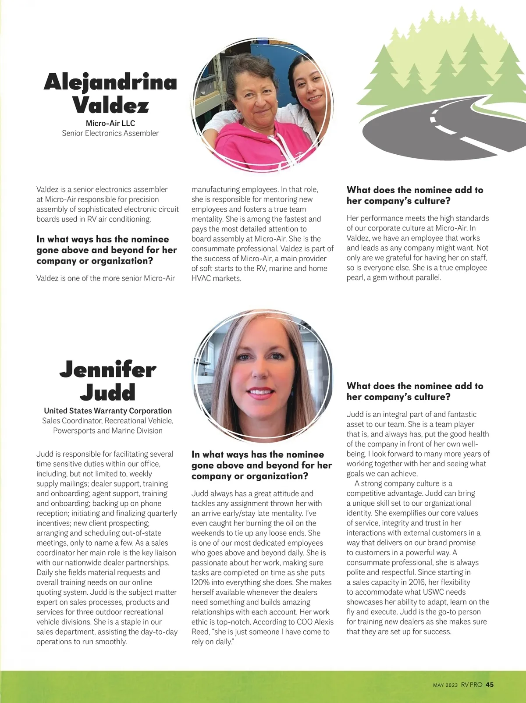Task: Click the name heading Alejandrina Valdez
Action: pos(110,93)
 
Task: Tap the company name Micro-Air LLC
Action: pos(110,123)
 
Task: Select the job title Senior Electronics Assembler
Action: pos(110,133)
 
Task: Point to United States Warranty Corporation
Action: pos(108,411)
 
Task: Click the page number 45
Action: pos(490,685)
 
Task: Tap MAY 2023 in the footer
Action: pos(445,685)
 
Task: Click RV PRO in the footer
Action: pos(471,685)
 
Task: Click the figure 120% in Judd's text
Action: pos(200,582)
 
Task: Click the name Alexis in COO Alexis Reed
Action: pos(323,622)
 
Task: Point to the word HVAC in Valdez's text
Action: pos(201,278)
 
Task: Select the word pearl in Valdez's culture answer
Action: pos(356,277)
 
